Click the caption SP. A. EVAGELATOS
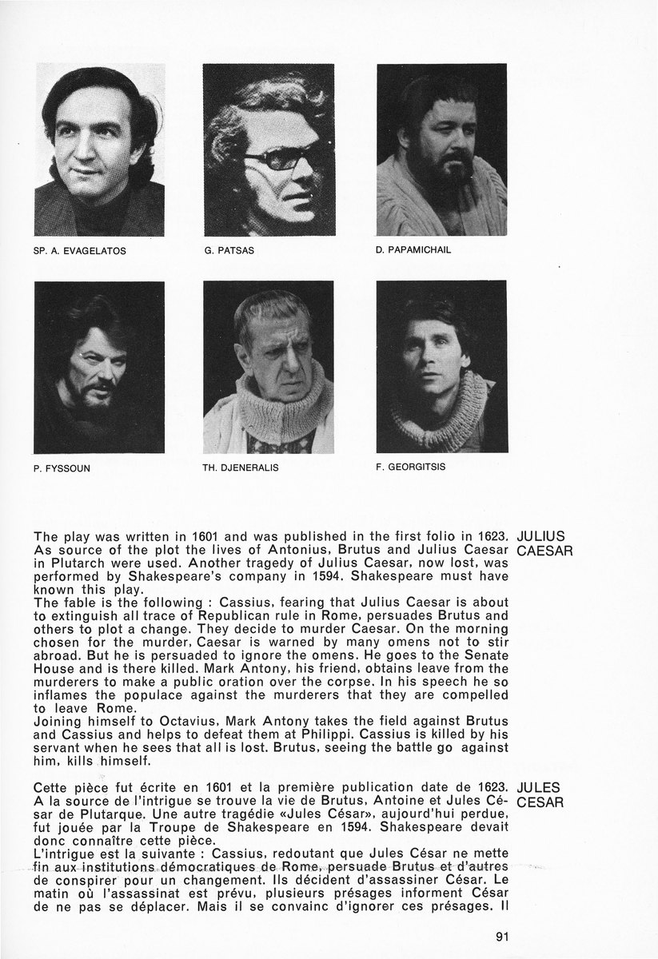[x=80, y=250]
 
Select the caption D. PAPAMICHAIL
[x=413, y=249]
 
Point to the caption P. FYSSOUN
[x=62, y=468]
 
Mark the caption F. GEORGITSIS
[x=410, y=467]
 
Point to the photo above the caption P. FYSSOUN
[x=99, y=367]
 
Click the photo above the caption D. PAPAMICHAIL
[x=441, y=149]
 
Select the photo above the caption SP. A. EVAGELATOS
[x=99, y=149]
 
